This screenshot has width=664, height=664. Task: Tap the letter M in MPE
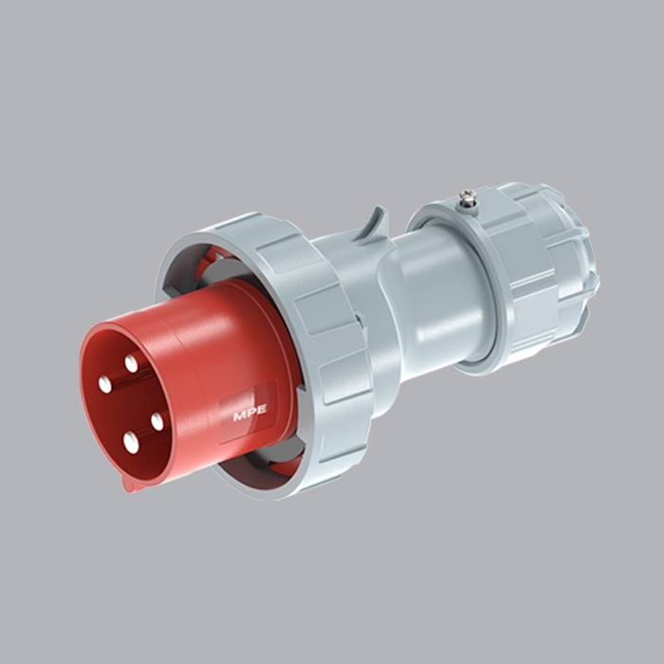click(237, 415)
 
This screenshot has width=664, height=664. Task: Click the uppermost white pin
click(131, 363)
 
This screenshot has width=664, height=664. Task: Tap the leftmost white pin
click(104, 384)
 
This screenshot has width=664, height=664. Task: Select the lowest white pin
click(131, 442)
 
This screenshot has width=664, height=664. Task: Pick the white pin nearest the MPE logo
click(157, 420)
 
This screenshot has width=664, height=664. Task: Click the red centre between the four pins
click(131, 403)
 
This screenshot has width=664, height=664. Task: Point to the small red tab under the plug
click(133, 483)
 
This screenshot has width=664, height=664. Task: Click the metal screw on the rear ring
click(466, 199)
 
